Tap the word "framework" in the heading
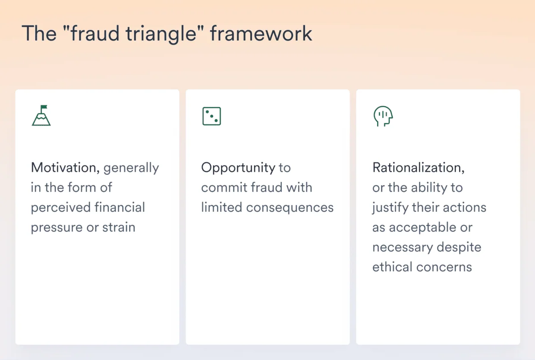click(261, 34)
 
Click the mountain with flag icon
click(41, 116)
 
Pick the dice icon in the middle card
click(211, 116)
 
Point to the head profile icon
click(383, 116)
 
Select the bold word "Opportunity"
click(238, 168)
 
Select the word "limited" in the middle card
click(222, 207)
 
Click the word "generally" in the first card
click(131, 168)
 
